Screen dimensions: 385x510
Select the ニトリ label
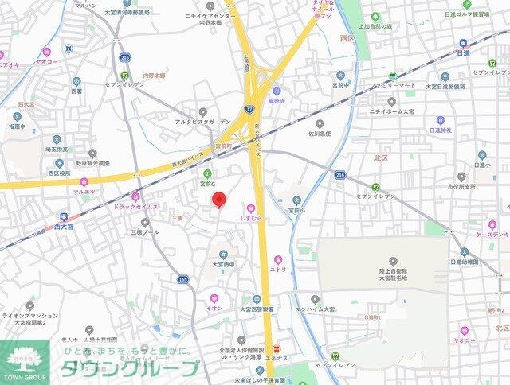[x=278, y=270]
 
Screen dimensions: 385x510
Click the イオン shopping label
[x=214, y=308]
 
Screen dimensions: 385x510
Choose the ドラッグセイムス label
[x=135, y=207]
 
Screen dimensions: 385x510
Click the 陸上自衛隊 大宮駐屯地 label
[x=393, y=274]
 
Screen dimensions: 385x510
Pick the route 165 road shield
[x=183, y=279]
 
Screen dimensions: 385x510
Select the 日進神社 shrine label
[x=440, y=130]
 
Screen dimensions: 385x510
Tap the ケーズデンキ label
[x=492, y=235]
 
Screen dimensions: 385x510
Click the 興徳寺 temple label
[x=277, y=103]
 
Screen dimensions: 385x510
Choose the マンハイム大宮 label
[x=319, y=309]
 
